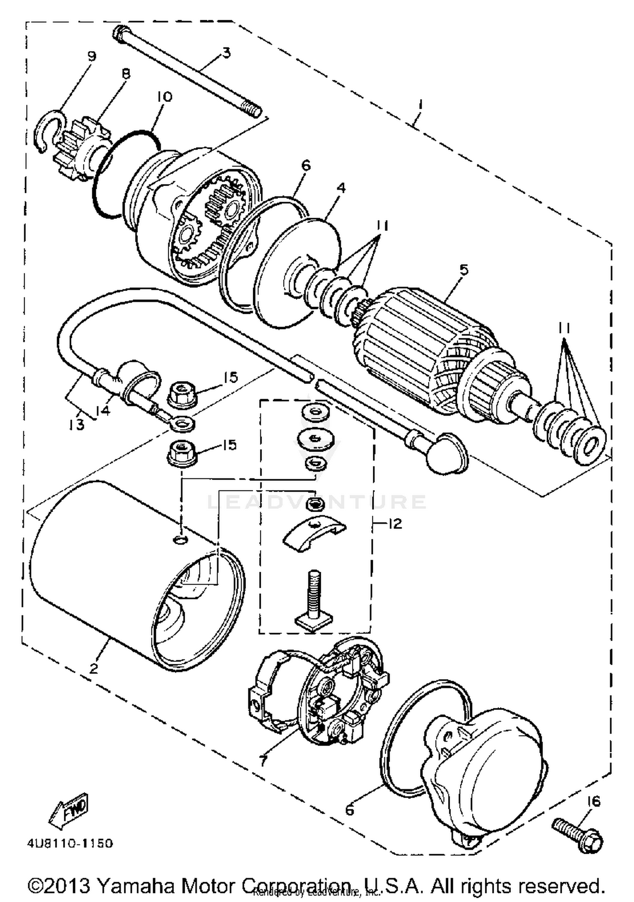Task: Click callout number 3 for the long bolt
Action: tap(227, 53)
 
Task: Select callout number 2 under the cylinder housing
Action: tap(94, 668)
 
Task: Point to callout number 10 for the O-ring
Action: tap(164, 97)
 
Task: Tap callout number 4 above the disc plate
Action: tap(341, 188)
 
